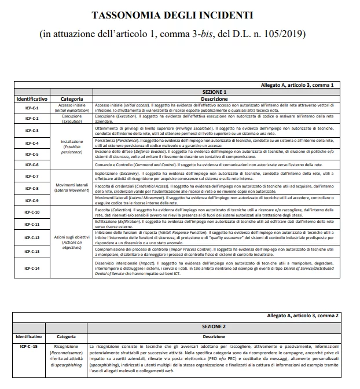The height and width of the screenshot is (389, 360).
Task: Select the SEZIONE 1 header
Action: pos(214,92)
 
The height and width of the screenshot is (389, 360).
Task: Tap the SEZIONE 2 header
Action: pos(214,326)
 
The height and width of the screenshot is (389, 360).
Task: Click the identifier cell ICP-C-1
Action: pos(32,108)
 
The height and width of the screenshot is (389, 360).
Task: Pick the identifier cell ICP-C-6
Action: pos(32,165)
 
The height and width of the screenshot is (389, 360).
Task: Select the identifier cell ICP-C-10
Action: pos(32,212)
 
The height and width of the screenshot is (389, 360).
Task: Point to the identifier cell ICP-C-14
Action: pos(32,268)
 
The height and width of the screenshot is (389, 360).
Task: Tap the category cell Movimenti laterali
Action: pos(71,187)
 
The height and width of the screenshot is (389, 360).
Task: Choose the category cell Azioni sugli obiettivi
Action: pos(71,240)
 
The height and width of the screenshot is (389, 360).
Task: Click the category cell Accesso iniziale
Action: pos(71,107)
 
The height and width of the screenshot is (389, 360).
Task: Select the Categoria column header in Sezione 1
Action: pos(71,99)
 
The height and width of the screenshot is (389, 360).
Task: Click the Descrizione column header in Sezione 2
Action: pos(214,336)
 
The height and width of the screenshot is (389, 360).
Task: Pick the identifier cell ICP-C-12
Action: pos(32,237)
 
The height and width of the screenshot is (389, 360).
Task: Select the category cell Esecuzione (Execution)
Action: pos(71,119)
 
